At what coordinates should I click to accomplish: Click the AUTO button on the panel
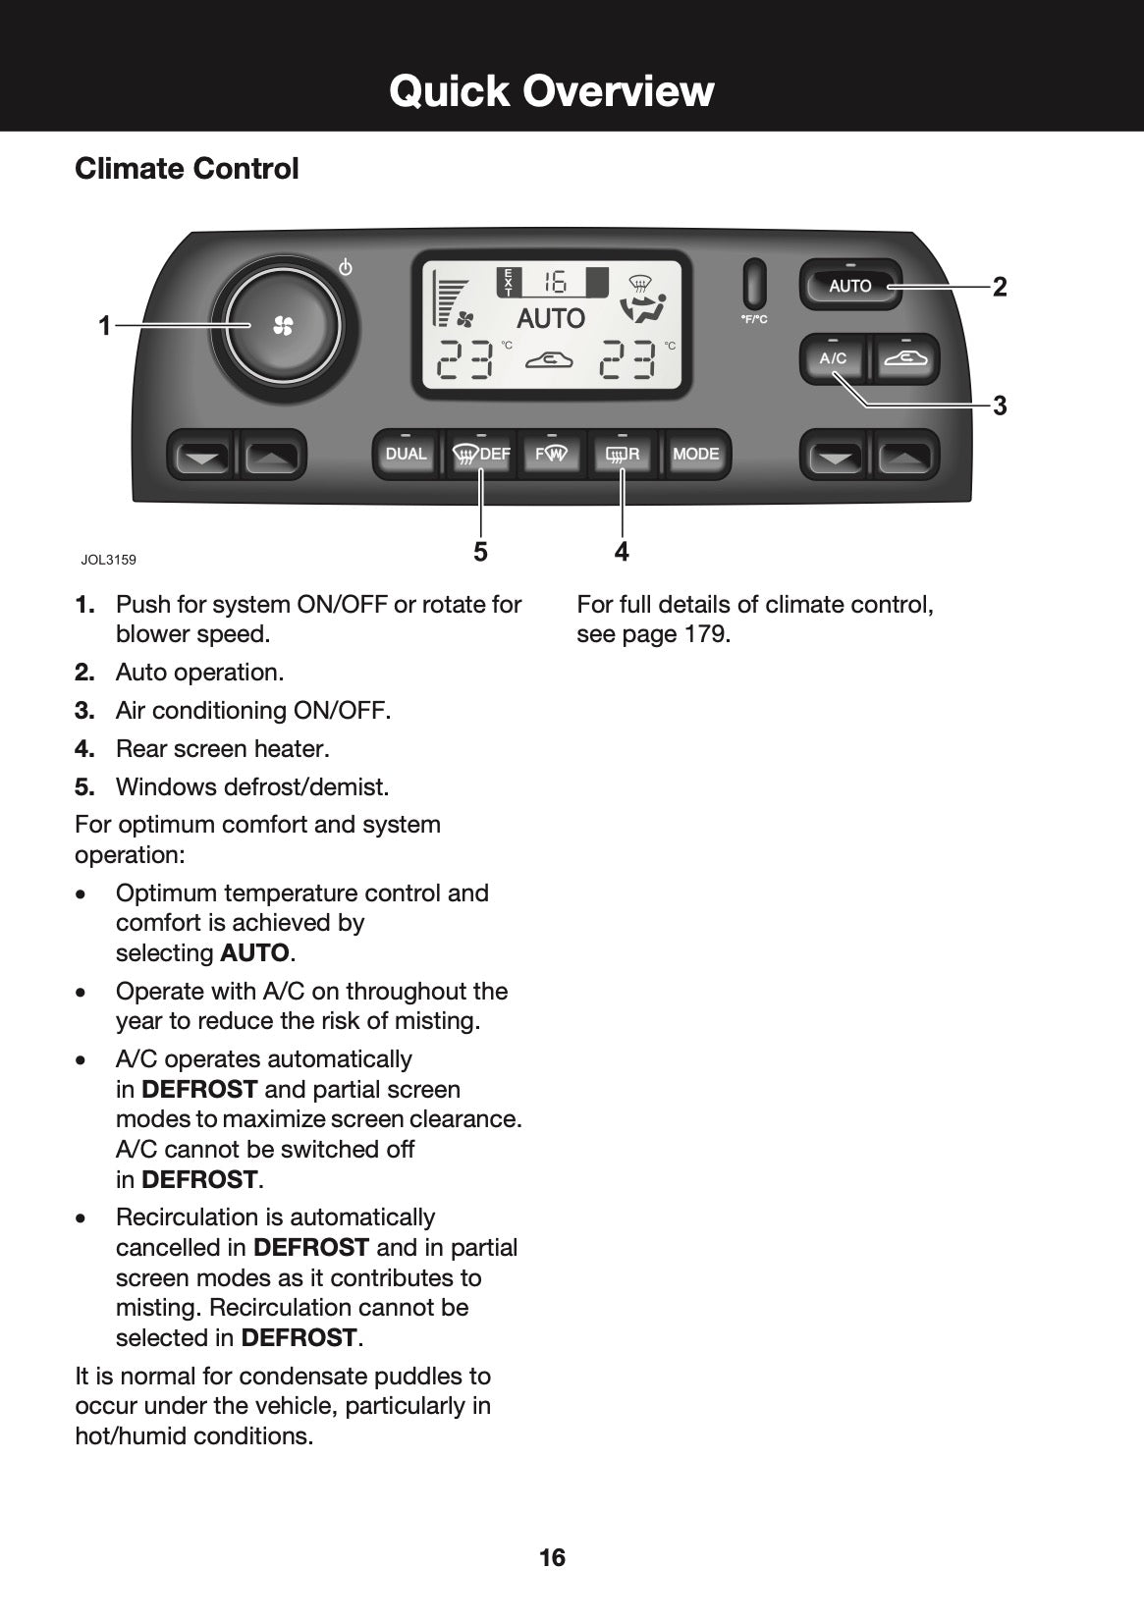pyautogui.click(x=850, y=286)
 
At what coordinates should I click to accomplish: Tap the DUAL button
pyautogui.click(x=406, y=455)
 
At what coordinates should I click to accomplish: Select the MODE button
pyautogui.click(x=696, y=455)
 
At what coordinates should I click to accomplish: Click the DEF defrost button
pyautogui.click(x=481, y=455)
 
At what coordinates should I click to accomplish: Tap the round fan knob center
pyautogui.click(x=283, y=326)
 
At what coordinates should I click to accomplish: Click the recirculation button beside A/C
pyautogui.click(x=904, y=359)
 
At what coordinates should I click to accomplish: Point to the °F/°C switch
pyautogui.click(x=754, y=284)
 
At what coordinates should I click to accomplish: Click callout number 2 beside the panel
pyautogui.click(x=1000, y=287)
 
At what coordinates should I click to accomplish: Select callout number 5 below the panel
pyautogui.click(x=480, y=553)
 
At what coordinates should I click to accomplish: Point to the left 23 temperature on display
pyautogui.click(x=466, y=360)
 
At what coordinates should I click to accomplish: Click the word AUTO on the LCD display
pyautogui.click(x=550, y=318)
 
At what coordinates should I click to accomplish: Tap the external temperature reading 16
pyautogui.click(x=554, y=283)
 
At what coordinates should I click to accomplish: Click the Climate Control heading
pyautogui.click(x=187, y=169)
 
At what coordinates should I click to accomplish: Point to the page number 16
pyautogui.click(x=552, y=1557)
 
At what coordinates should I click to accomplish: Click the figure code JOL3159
pyautogui.click(x=108, y=561)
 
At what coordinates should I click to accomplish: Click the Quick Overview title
pyautogui.click(x=551, y=90)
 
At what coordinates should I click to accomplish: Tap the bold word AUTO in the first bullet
pyautogui.click(x=254, y=953)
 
